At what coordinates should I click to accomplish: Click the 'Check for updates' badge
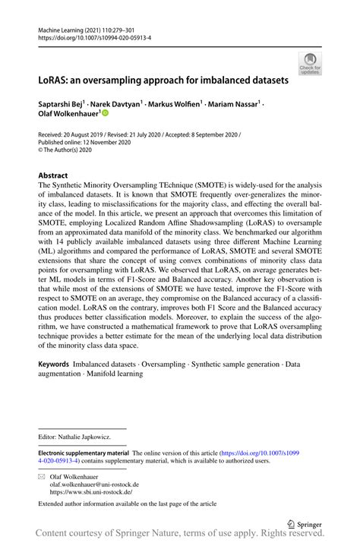pos(309,65)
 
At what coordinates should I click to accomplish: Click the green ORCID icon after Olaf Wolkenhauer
pos(106,113)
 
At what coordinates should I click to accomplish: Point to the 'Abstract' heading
pos(53,175)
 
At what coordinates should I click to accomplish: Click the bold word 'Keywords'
pos(55,365)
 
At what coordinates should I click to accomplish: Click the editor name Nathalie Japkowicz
pos(90,437)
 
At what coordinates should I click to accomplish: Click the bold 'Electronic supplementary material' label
pos(84,453)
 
